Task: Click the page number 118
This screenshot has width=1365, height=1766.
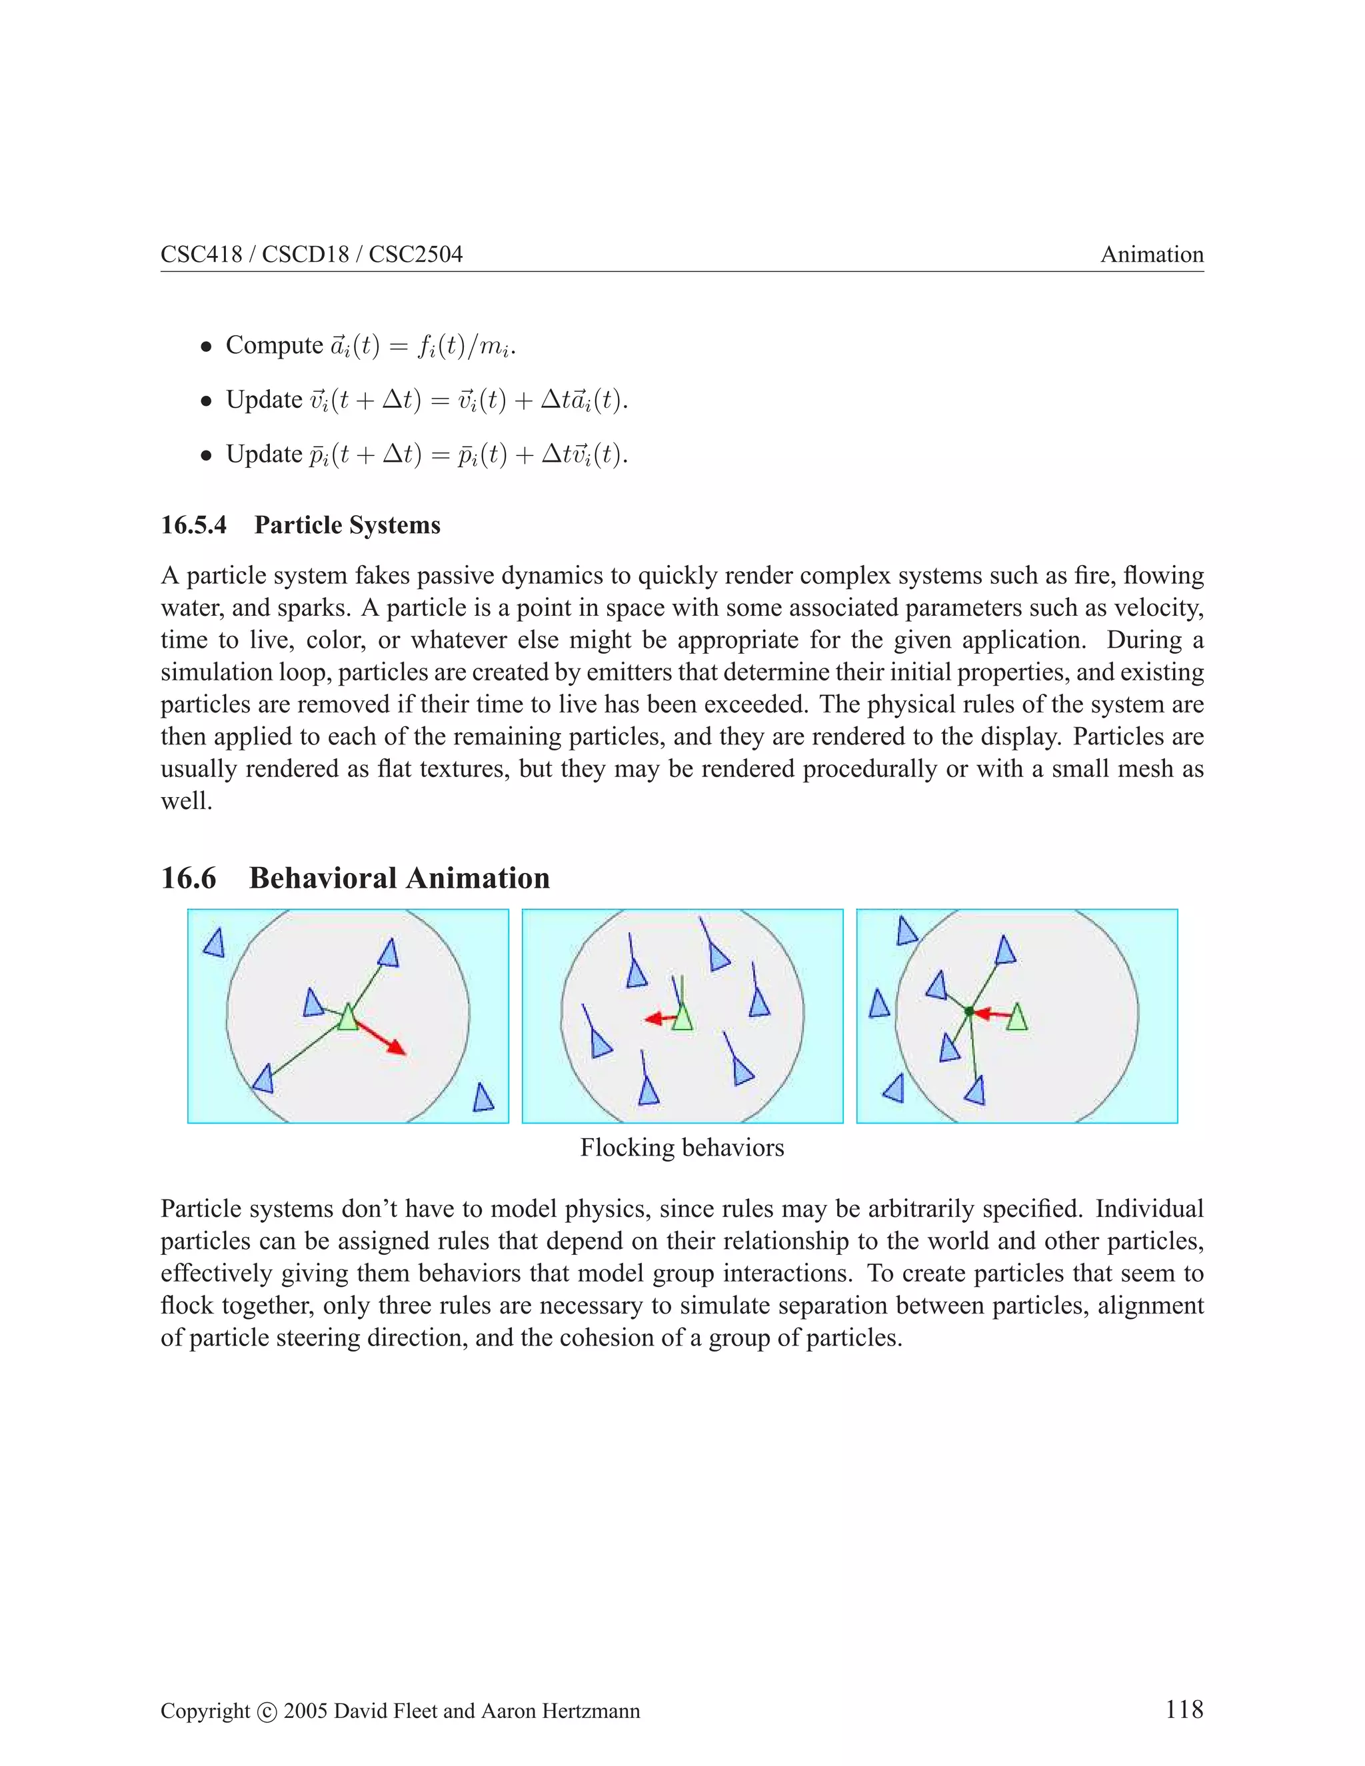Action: point(1183,1709)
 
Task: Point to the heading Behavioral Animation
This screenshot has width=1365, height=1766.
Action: point(399,878)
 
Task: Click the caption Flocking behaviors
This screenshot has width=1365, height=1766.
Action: point(682,1148)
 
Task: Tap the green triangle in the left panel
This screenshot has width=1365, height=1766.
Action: point(348,1018)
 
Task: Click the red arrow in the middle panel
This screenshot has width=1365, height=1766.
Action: point(659,1019)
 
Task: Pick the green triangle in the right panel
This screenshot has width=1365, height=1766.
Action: point(1017,1018)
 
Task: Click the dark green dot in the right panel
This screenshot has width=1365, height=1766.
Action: point(968,1011)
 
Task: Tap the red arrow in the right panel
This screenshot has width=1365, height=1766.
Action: point(990,1013)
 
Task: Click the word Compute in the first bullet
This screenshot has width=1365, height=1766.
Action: point(274,345)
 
